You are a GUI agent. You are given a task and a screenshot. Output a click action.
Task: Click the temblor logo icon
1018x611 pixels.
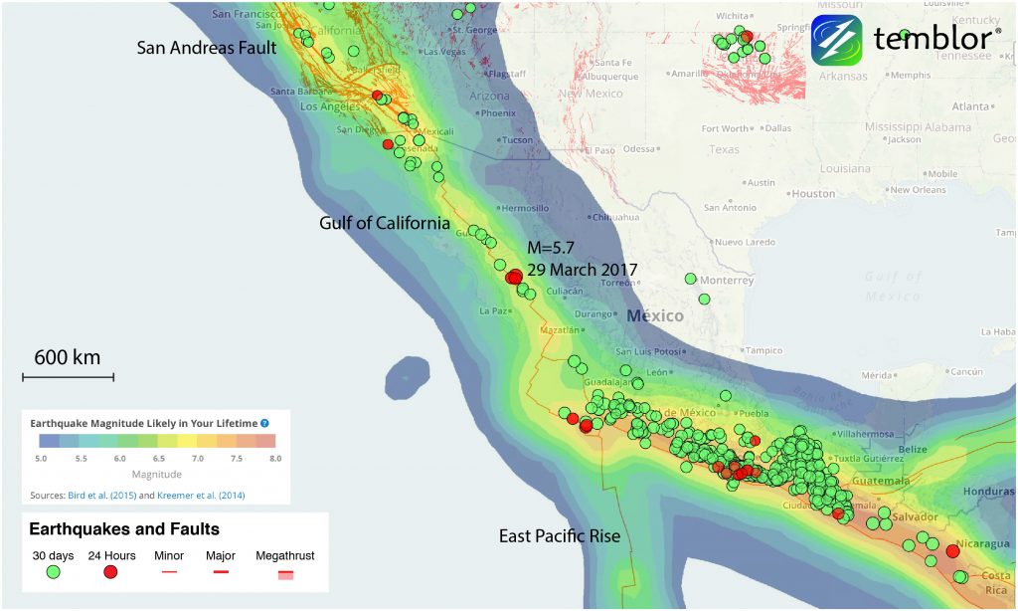tap(836, 40)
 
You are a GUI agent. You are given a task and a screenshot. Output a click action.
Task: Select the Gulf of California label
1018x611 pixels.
tap(385, 223)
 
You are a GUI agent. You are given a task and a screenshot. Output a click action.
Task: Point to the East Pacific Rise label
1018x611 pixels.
tap(560, 536)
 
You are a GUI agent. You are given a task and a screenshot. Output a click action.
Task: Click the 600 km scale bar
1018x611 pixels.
tap(68, 376)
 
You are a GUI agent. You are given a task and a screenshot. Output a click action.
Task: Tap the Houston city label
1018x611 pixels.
tap(814, 193)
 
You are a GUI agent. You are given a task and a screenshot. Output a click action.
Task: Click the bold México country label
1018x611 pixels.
tap(655, 315)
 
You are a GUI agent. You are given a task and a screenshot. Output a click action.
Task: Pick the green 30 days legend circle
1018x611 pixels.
tap(53, 571)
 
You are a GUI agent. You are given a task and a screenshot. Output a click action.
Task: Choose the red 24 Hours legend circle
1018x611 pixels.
tap(110, 571)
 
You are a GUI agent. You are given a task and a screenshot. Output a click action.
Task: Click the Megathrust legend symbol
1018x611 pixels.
tap(284, 573)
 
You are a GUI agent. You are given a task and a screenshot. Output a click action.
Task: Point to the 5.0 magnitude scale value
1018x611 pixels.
tap(40, 459)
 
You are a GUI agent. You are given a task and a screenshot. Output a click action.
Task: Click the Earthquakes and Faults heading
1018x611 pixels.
tap(124, 529)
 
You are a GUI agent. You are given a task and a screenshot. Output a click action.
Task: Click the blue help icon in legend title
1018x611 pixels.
tap(264, 422)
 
